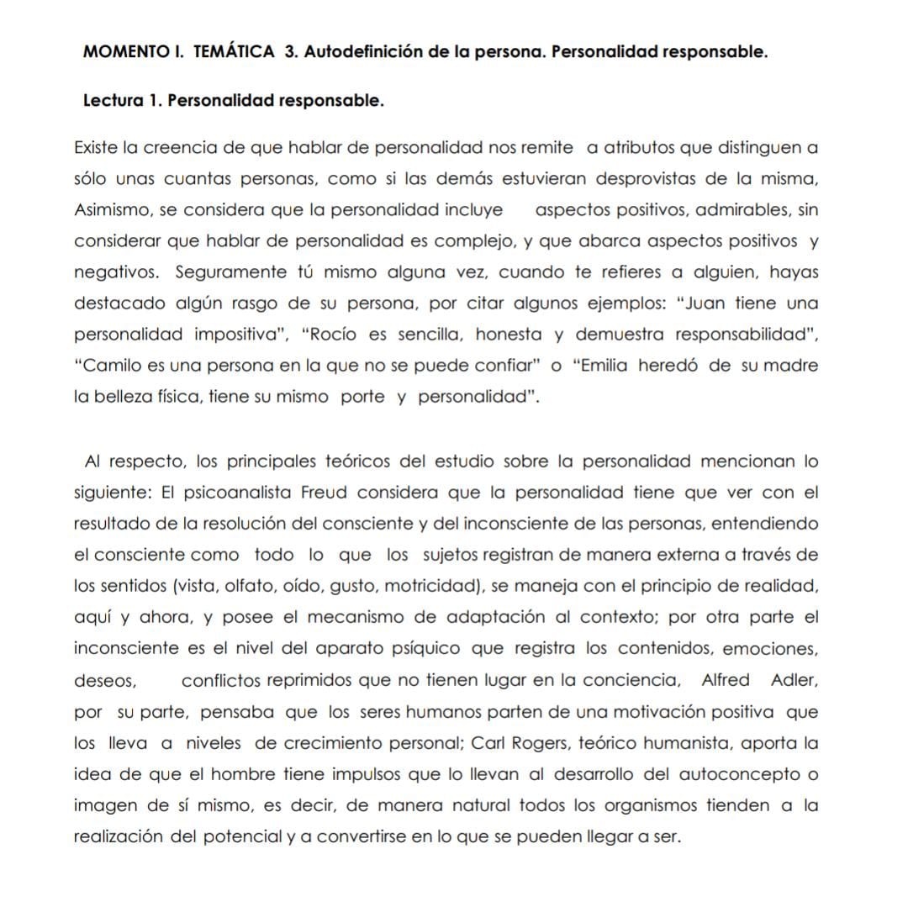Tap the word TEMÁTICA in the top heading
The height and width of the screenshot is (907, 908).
point(233,51)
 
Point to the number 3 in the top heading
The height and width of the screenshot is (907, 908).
point(289,51)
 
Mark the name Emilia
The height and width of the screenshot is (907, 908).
point(604,366)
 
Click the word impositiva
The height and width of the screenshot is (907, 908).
point(235,335)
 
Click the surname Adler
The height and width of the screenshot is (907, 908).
point(794,680)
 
